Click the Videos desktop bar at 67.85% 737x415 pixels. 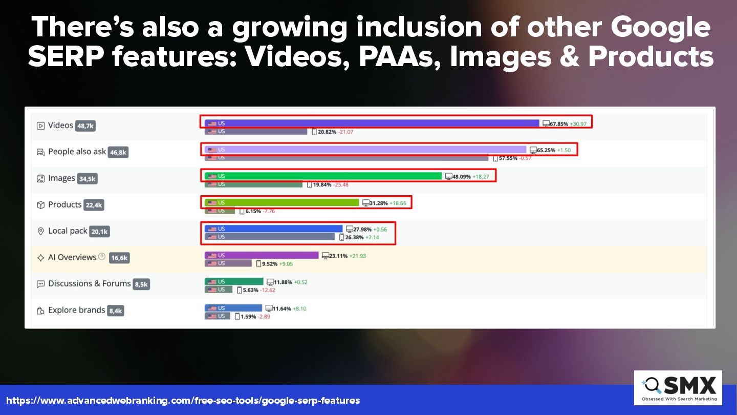click(x=372, y=123)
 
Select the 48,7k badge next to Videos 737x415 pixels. click(x=85, y=126)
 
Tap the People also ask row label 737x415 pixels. click(x=77, y=152)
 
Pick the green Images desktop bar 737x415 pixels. click(x=323, y=176)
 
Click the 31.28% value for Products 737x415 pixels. click(x=378, y=203)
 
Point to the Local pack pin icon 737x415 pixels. click(x=40, y=231)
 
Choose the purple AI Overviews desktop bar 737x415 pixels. click(x=262, y=255)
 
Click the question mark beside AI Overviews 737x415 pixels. click(x=102, y=256)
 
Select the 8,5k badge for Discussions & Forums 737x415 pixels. click(x=141, y=284)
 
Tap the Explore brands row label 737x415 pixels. click(x=77, y=310)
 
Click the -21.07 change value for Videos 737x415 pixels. click(x=345, y=132)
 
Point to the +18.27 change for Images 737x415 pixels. click(x=481, y=177)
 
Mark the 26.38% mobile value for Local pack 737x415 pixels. click(x=354, y=237)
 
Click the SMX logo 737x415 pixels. click(x=678, y=388)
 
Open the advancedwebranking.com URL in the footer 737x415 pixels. click(x=183, y=401)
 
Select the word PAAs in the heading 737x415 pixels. click(x=400, y=57)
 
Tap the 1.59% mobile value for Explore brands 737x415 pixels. click(x=248, y=317)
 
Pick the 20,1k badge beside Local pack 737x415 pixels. click(x=99, y=232)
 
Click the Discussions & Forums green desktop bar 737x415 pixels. click(x=234, y=282)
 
